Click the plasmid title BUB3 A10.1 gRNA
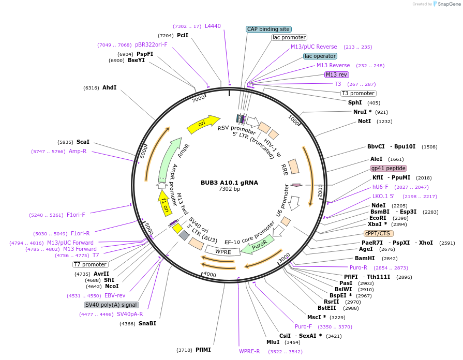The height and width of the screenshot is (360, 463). (229, 183)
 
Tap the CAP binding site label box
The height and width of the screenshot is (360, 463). (268, 29)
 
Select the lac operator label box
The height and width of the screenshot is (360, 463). (320, 56)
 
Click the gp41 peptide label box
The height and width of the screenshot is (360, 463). (388, 168)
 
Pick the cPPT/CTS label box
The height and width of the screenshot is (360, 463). (378, 233)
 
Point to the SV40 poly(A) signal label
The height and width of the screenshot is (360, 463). (112, 305)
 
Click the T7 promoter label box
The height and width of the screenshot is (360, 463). (90, 264)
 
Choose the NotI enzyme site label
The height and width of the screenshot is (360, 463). (364, 121)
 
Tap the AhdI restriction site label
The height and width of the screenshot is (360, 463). (109, 88)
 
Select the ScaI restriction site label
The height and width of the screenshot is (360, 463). (83, 142)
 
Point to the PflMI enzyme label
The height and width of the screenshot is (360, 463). (203, 350)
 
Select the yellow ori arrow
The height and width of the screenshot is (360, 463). (202, 123)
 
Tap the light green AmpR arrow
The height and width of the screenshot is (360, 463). (170, 157)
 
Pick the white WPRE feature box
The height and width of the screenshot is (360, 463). (223, 251)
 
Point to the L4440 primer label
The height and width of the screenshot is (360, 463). (213, 26)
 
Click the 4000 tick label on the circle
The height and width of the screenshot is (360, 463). (210, 274)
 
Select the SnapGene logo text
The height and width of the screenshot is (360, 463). (446, 4)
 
